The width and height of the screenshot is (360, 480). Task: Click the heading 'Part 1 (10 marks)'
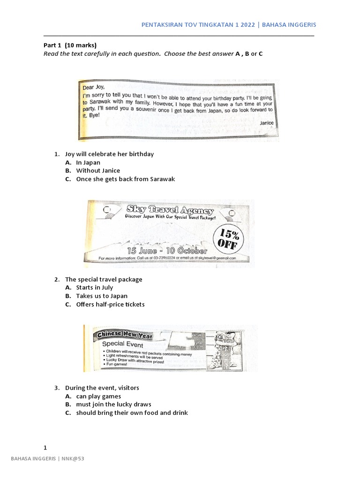tap(70, 45)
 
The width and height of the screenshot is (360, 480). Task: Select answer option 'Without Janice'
tap(98, 171)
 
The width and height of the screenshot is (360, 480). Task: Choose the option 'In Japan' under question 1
tap(88, 162)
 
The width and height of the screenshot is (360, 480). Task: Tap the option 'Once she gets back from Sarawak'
tap(125, 179)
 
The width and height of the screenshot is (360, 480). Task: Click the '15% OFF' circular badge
tap(228, 238)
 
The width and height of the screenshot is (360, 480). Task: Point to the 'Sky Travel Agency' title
tap(170, 210)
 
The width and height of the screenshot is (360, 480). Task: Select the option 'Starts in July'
tap(94, 287)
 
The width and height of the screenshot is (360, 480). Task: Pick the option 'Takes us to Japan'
tap(102, 296)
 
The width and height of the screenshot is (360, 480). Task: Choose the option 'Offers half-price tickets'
tap(110, 304)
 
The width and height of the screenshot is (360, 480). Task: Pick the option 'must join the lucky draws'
tap(113, 404)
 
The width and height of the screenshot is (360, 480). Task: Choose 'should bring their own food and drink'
tap(132, 412)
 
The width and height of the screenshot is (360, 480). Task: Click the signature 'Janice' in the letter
tap(266, 122)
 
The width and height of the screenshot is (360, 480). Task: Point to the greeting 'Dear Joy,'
tap(94, 87)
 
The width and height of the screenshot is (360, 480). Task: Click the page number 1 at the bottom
tap(45, 447)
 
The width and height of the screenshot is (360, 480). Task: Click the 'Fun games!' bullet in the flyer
tap(116, 364)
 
